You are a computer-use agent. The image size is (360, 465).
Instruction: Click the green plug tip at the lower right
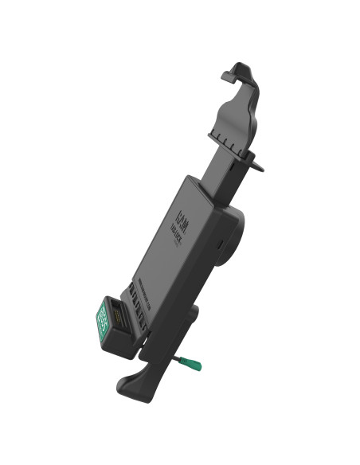point(194,365)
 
